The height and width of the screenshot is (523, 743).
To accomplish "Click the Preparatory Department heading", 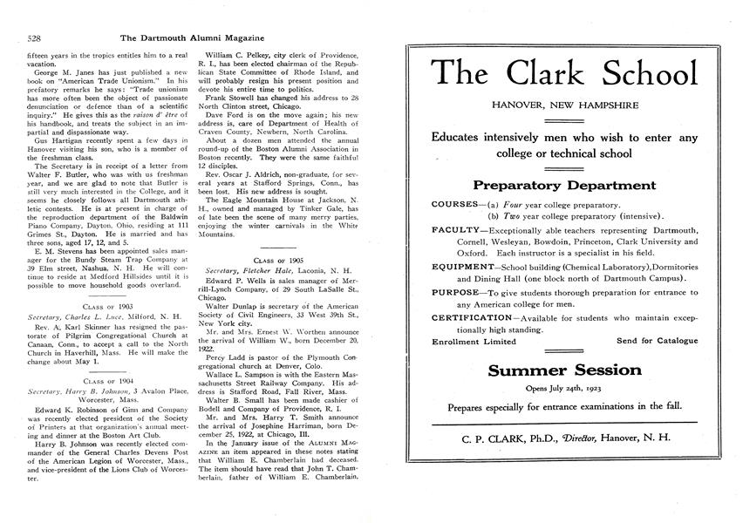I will pos(564,186).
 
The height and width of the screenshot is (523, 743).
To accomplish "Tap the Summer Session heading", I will pos(564,370).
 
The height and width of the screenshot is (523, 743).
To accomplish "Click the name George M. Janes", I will pos(51,70).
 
